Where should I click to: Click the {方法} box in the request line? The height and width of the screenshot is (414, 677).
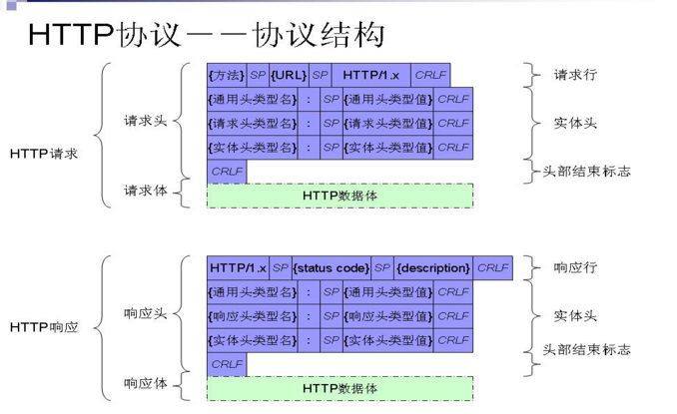point(227,75)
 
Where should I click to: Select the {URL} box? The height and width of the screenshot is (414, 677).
point(289,75)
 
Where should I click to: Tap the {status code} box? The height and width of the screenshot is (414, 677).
point(332,267)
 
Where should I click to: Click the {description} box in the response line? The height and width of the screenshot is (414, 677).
point(433,267)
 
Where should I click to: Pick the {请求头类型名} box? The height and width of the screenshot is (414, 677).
point(253,124)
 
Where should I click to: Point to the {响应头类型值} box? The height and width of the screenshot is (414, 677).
point(388,316)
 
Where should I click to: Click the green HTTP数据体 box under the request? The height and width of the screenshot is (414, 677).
point(339,196)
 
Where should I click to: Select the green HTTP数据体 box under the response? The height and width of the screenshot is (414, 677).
point(339,388)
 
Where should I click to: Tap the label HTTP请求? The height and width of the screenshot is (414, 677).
point(44,154)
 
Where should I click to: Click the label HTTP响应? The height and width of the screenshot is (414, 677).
point(44,327)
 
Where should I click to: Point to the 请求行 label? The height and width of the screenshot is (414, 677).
point(575,75)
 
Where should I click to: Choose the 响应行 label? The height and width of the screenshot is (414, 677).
point(575,267)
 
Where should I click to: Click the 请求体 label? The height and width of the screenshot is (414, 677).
point(146,191)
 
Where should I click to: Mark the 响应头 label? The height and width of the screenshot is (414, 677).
point(146,313)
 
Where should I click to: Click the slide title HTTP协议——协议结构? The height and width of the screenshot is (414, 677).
point(206,35)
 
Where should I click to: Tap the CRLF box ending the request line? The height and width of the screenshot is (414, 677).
point(430,75)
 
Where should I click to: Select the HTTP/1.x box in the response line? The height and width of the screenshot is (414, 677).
point(238,267)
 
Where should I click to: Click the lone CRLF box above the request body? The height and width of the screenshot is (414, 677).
point(227,172)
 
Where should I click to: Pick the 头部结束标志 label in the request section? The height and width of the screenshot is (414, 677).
point(586,172)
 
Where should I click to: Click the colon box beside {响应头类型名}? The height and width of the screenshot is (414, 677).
point(309,316)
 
